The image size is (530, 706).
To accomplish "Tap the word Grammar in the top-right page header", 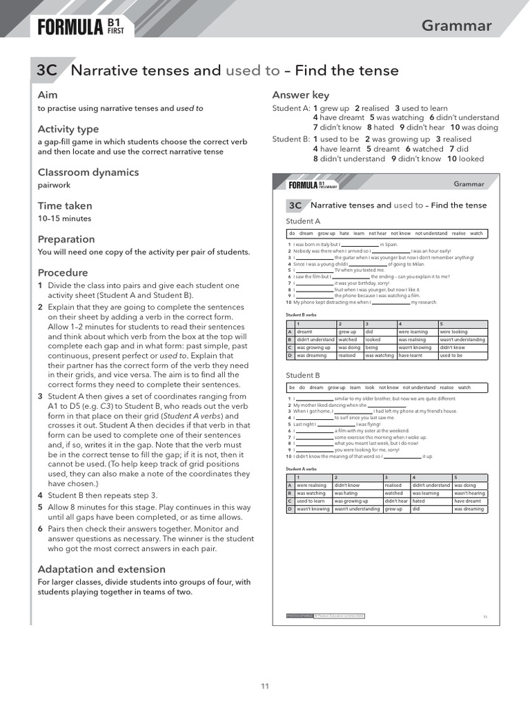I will coord(456,26).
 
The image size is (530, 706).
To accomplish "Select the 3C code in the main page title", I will coord(47,70).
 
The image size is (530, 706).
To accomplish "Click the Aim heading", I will coord(48,94).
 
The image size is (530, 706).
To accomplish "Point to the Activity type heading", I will coord(68,129).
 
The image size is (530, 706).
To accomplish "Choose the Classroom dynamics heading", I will coord(88,172).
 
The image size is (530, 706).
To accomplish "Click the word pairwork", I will coord(54,185).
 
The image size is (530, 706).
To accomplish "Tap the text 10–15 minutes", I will coord(64,219).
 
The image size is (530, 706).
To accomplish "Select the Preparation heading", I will coord(66,239).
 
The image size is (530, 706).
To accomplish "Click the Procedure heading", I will coord(62,272).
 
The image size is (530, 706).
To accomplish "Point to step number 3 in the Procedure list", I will coord(40,396).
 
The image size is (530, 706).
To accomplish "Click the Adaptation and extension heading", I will coord(101,569).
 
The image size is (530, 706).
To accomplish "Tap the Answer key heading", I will coord(300,95).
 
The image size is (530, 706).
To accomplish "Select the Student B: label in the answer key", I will coord(290,139).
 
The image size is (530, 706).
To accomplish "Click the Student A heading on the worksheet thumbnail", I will coord(303,221).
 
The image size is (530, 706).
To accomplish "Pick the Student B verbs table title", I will coord(301,314).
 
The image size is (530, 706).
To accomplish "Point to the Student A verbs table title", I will coord(301,468).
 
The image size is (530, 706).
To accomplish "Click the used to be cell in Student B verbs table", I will coord(451,355).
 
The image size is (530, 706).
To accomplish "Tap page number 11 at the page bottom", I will coord(264,685).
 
